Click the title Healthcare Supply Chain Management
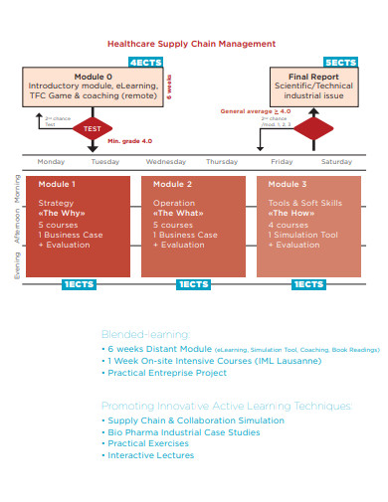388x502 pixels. (x=191, y=45)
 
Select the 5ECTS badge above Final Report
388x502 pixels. (x=340, y=62)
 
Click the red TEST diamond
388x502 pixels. (x=92, y=129)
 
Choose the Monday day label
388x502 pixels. (x=51, y=161)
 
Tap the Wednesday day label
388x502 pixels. (x=165, y=161)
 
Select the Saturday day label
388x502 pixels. (x=336, y=161)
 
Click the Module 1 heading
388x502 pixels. (x=57, y=185)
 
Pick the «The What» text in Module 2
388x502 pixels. (x=174, y=213)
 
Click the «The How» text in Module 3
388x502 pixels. (x=290, y=213)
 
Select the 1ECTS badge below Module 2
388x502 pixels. (x=193, y=284)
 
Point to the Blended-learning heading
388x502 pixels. (x=145, y=334)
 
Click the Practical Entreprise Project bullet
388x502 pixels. (x=168, y=373)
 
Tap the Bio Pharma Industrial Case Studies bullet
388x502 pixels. (x=183, y=431)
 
